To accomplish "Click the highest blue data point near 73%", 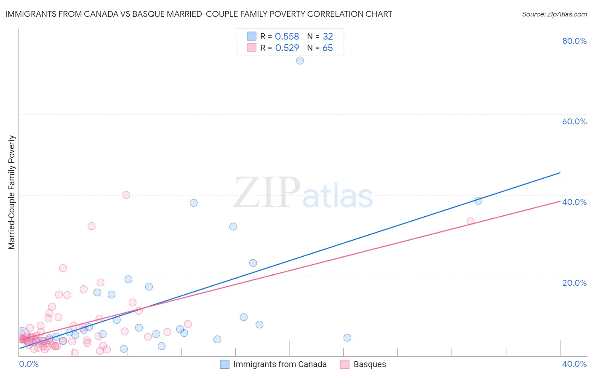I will [x=300, y=61].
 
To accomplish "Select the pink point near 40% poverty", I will [x=126, y=195].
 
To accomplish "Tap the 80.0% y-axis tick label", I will [x=574, y=41].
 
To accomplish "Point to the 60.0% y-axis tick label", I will [x=574, y=121].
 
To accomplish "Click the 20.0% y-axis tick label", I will [x=574, y=283].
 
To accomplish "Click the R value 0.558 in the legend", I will [x=287, y=37].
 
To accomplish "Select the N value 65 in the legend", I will [x=328, y=48].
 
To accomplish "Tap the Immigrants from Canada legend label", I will [x=280, y=365].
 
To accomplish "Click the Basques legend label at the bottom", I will [x=370, y=365].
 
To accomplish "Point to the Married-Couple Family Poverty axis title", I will [x=12, y=192].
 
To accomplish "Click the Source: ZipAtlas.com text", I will [x=554, y=14].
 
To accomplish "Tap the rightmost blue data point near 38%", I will [x=478, y=201].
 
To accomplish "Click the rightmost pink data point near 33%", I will [x=470, y=221].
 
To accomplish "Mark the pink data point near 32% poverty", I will [x=91, y=226].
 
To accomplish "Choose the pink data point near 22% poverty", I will [x=63, y=268].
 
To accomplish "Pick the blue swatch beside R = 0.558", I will [x=251, y=36].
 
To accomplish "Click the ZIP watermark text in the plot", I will [x=267, y=193].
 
